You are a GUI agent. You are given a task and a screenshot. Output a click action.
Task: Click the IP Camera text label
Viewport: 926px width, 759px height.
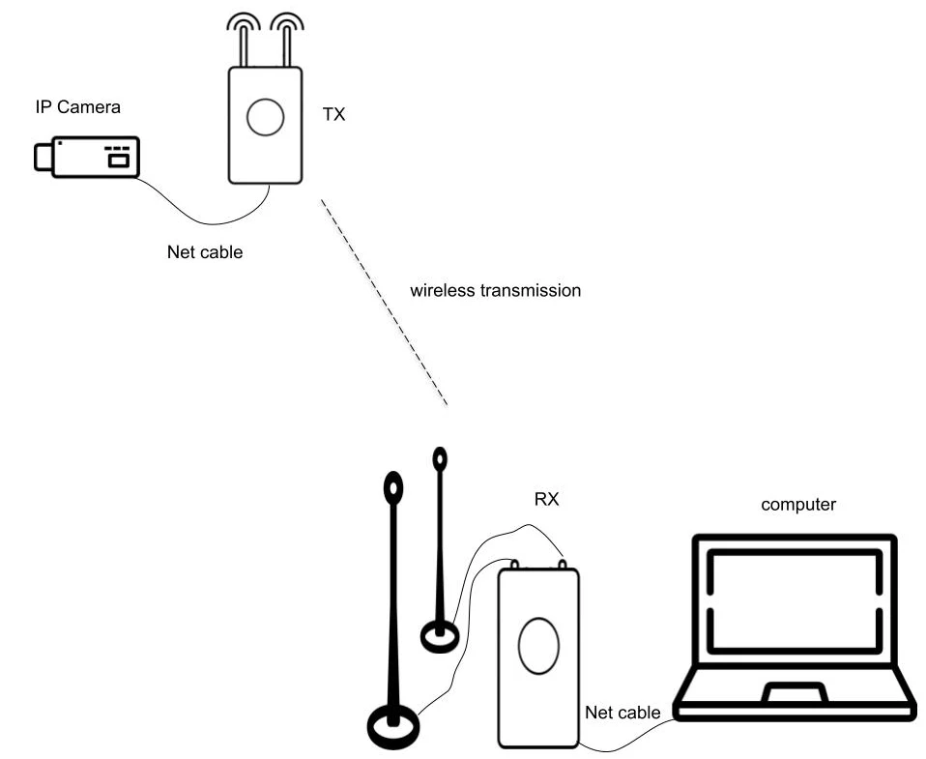[x=76, y=107]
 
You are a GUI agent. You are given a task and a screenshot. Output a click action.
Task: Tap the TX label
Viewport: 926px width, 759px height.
[x=333, y=115]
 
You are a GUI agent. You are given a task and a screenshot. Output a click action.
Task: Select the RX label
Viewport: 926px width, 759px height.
[x=547, y=500]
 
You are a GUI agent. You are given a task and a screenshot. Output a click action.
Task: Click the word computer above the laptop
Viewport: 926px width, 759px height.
[x=798, y=504]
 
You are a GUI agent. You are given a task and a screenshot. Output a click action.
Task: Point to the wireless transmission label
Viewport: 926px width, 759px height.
[x=495, y=290]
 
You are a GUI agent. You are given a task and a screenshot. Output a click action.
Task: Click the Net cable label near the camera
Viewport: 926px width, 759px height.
[x=205, y=253]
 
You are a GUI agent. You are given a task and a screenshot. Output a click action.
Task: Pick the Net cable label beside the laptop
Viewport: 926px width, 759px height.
[x=622, y=713]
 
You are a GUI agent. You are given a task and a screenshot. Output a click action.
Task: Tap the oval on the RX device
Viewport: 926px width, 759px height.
[x=538, y=647]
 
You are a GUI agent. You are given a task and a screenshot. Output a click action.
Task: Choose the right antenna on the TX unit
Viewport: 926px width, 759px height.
[x=286, y=39]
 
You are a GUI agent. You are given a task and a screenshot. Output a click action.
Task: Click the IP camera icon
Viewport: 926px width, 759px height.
[x=87, y=157]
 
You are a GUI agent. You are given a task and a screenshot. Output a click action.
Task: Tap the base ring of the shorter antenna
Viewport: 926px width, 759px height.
[x=440, y=636]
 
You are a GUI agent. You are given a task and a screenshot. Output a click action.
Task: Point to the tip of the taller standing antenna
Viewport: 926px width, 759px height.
[x=393, y=487]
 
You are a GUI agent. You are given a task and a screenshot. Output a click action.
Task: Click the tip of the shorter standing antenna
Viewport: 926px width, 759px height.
[x=440, y=458]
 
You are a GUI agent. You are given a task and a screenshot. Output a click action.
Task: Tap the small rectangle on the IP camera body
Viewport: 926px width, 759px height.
[x=118, y=161]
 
